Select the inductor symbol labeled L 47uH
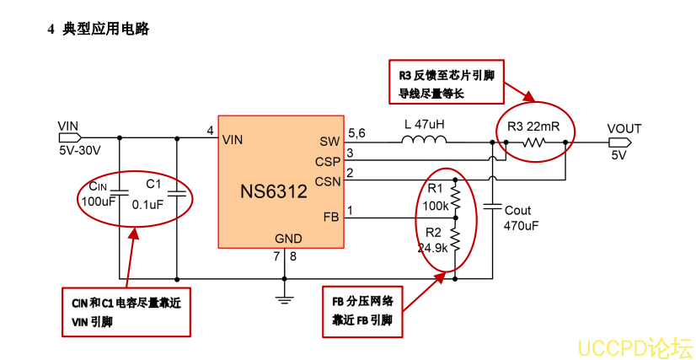point(425,141)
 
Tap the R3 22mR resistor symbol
point(535,142)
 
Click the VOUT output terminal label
point(624,129)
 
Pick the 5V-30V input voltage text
point(79,151)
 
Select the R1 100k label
point(435,197)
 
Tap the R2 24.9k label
point(432,240)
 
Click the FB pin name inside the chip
point(331,218)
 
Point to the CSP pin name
point(328,161)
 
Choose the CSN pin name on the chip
point(328,180)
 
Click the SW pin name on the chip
point(329,141)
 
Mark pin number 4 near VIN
point(210,130)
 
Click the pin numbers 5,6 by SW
point(356,132)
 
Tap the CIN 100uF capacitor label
point(99,193)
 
